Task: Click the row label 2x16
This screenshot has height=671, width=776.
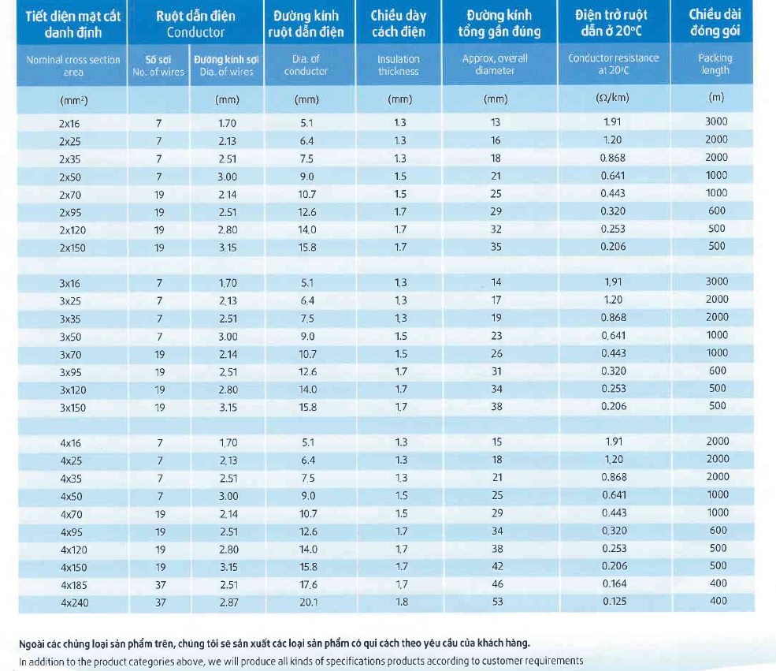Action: (69, 123)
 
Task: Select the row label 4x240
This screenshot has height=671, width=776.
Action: (75, 602)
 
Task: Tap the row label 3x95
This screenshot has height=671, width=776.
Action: (71, 372)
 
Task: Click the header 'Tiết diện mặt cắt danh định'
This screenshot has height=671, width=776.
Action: (72, 24)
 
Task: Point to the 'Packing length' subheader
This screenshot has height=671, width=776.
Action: (715, 64)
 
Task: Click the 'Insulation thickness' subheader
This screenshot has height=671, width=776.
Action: (399, 65)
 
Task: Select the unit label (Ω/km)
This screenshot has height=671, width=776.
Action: (612, 98)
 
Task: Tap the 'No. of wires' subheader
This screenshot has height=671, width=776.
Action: (158, 72)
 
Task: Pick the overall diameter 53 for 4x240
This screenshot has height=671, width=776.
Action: (497, 601)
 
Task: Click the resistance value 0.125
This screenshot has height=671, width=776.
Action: (614, 601)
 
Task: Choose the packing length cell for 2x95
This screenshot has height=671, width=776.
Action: (717, 211)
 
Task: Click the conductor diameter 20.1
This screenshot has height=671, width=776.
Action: (308, 602)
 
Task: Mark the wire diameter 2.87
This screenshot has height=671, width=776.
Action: (228, 602)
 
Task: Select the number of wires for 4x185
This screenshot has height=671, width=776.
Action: (161, 585)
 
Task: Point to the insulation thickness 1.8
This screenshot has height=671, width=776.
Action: (401, 602)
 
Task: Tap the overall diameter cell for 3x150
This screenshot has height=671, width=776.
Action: (496, 407)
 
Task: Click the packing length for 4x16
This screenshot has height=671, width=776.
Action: (718, 442)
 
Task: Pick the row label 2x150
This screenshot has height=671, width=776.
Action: (72, 248)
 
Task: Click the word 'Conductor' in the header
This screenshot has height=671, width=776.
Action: (195, 32)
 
